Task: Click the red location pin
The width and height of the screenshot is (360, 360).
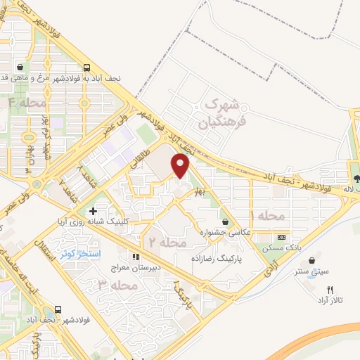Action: coord(181,166)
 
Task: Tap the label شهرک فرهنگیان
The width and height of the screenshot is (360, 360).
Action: coord(220,113)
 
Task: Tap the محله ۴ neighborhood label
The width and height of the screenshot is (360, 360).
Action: coord(26,103)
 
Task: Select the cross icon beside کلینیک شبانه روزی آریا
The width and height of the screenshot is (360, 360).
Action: coord(93,211)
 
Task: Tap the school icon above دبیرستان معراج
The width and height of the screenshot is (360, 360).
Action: coord(136,257)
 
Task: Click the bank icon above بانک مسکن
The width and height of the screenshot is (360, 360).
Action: coord(281,237)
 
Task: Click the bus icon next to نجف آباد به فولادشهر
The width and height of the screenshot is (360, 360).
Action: coord(86,68)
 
